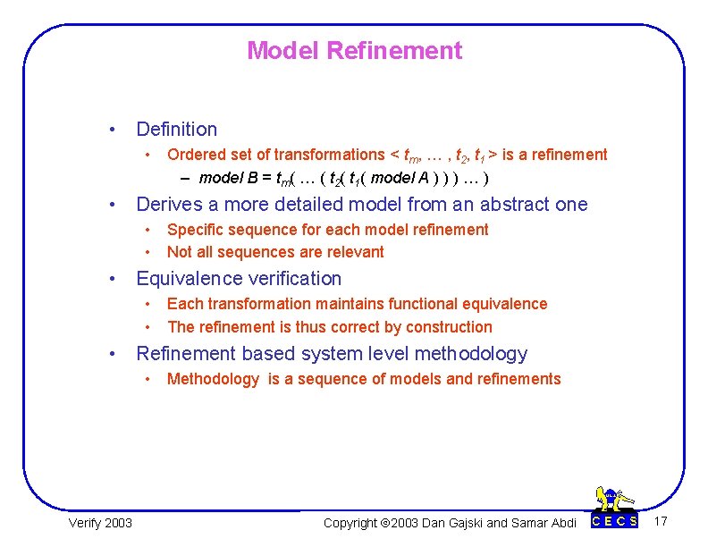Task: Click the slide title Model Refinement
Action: click(x=354, y=51)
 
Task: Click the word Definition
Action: click(x=176, y=130)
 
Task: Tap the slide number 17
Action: click(x=662, y=521)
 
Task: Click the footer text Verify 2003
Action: click(x=100, y=522)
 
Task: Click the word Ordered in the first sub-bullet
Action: click(x=194, y=155)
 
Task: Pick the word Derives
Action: click(x=165, y=205)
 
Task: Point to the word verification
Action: click(x=294, y=279)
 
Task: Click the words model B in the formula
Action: click(x=226, y=177)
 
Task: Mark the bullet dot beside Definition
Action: click(x=110, y=130)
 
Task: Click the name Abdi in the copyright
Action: click(x=561, y=522)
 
